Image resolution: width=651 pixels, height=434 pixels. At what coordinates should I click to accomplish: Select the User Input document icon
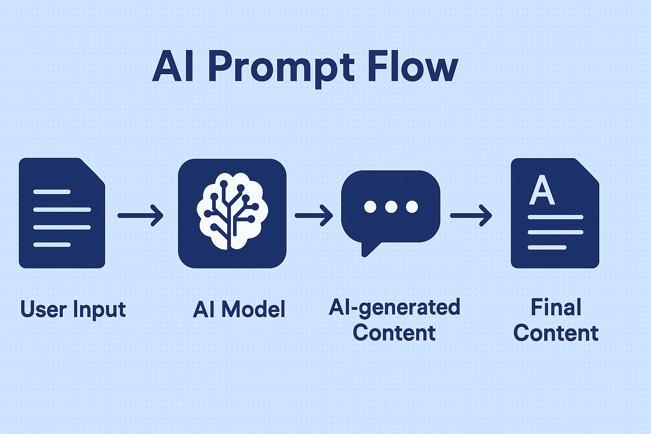click(x=62, y=213)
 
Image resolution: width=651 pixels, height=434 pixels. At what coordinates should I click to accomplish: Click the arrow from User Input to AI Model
click(x=140, y=215)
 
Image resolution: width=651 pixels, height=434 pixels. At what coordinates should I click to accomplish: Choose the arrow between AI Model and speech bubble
click(x=314, y=215)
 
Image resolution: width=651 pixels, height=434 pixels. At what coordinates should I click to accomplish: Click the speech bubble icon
click(x=391, y=213)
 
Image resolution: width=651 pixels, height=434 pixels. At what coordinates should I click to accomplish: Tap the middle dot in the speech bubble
click(x=391, y=207)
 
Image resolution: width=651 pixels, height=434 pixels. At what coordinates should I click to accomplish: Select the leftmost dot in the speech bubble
click(x=370, y=207)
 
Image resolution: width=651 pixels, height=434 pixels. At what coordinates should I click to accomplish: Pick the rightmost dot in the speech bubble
click(x=412, y=207)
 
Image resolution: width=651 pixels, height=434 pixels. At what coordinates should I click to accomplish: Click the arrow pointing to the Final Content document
click(x=471, y=215)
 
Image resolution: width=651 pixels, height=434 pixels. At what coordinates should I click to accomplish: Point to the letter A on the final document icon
click(x=542, y=190)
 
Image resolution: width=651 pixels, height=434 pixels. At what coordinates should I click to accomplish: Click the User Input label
click(x=73, y=309)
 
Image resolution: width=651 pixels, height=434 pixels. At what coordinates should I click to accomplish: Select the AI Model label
click(x=239, y=309)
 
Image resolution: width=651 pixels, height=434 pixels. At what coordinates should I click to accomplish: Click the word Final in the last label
click(x=556, y=307)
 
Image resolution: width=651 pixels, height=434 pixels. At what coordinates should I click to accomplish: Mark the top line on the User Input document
click(x=52, y=192)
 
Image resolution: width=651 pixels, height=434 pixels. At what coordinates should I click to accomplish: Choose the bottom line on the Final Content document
click(x=547, y=248)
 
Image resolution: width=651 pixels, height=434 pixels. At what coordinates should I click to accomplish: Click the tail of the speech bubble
click(x=369, y=249)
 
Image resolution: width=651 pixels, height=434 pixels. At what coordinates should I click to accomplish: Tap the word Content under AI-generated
click(x=394, y=333)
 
